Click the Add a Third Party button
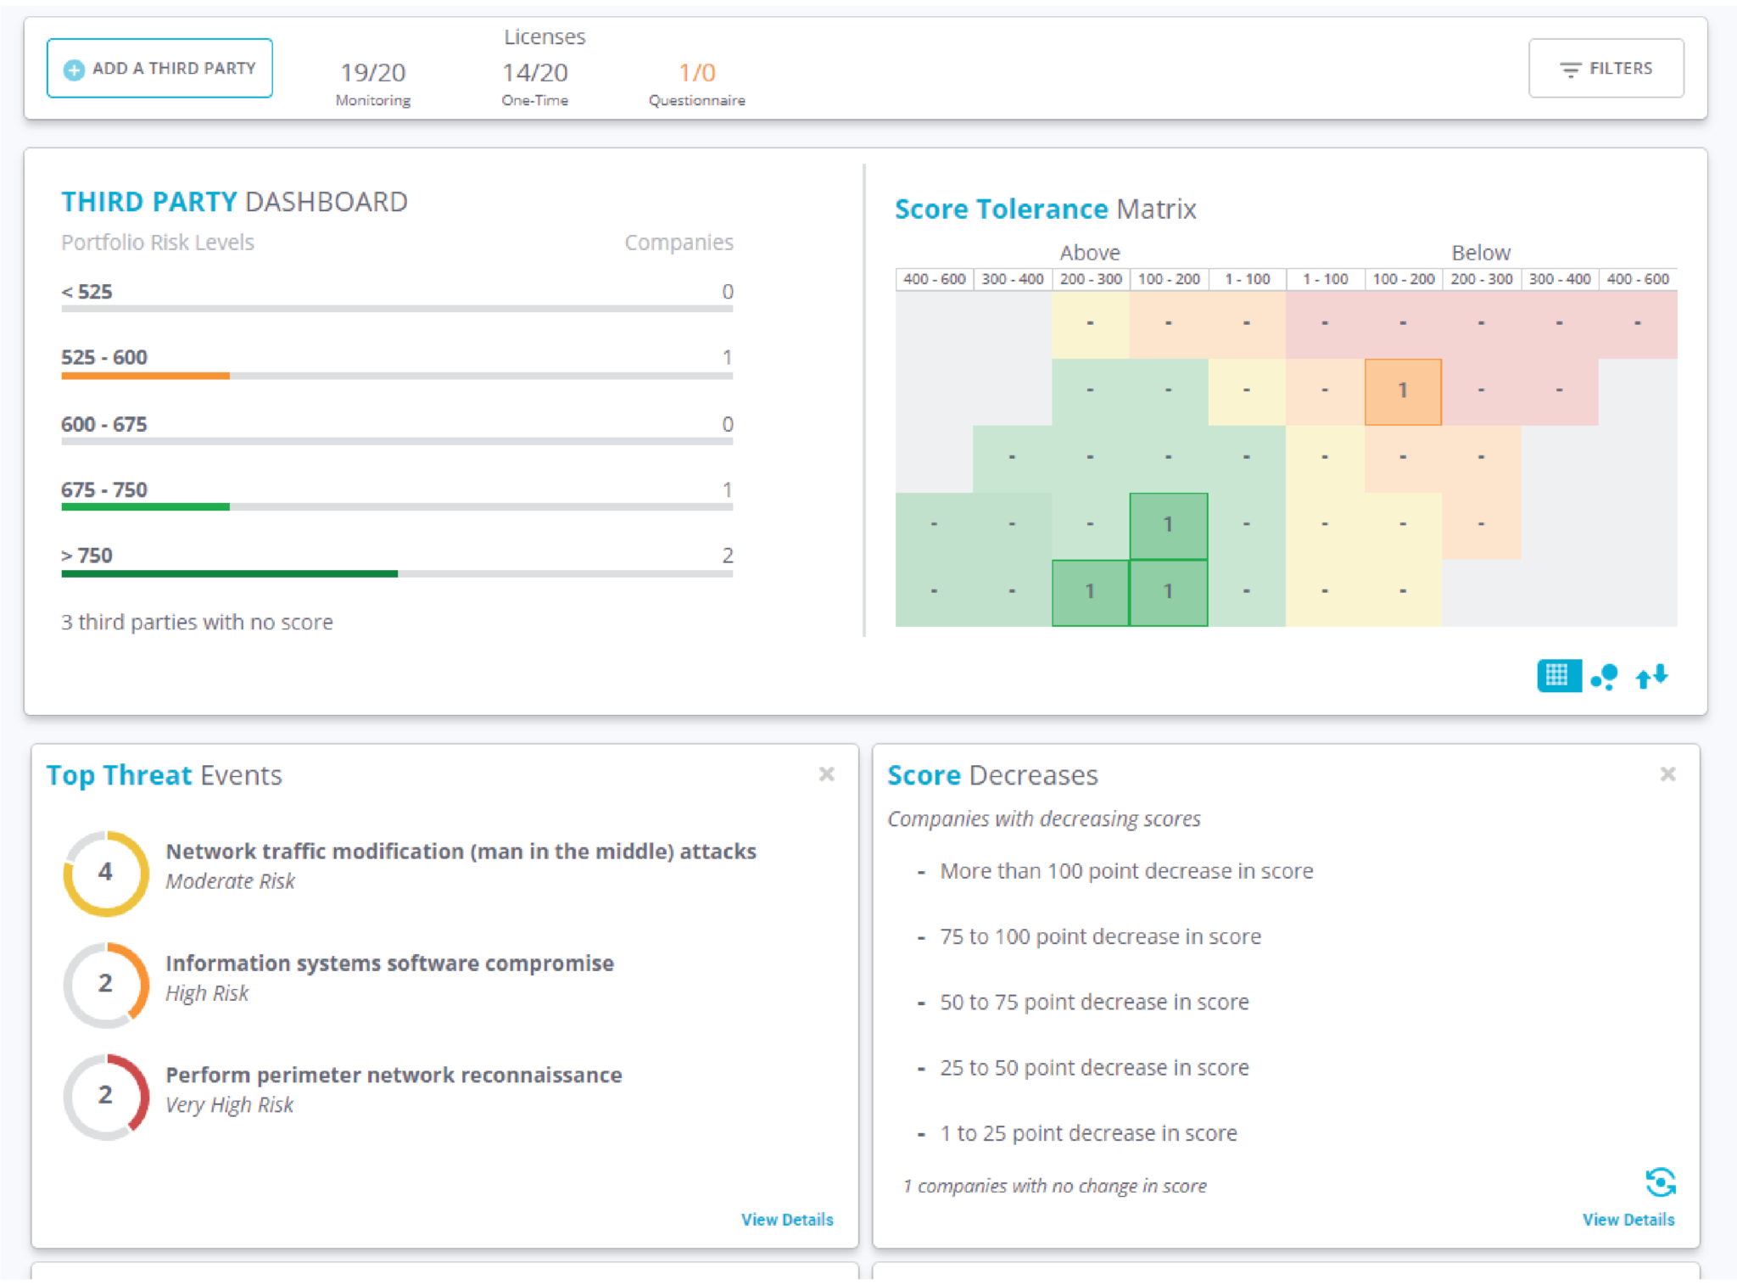(159, 68)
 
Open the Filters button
(1606, 68)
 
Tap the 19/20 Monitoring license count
(372, 73)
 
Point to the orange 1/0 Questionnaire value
(696, 73)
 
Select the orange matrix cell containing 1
(1403, 391)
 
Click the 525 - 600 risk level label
(103, 357)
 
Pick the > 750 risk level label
(87, 556)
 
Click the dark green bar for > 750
(229, 574)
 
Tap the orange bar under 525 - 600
(145, 376)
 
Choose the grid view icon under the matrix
(1558, 676)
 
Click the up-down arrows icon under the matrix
(1651, 676)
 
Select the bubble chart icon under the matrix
(1604, 676)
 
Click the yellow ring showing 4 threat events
(106, 873)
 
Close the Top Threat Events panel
(826, 774)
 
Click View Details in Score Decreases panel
(1628, 1219)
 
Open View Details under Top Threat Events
(786, 1219)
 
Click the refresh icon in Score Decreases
(1660, 1182)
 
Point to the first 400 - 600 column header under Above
(934, 279)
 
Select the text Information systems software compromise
(389, 964)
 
